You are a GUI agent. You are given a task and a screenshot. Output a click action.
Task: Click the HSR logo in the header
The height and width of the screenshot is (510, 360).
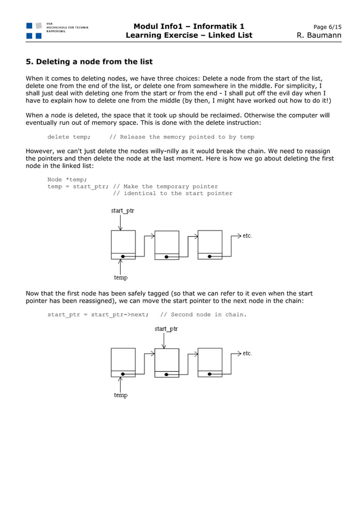coord(34,30)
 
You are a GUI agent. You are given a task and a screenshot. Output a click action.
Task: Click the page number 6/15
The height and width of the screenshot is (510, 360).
coord(327,27)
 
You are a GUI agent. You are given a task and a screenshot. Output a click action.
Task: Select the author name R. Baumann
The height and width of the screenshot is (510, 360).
coord(319,36)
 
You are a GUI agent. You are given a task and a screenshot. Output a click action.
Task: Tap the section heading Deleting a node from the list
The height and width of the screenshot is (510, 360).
coord(89,61)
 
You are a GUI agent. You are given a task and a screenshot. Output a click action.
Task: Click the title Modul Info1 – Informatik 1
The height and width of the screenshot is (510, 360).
coord(189,26)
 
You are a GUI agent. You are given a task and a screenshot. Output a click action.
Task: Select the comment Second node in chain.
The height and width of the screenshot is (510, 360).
coord(203,315)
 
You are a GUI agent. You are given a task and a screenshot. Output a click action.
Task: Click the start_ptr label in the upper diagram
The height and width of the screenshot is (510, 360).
coord(122,211)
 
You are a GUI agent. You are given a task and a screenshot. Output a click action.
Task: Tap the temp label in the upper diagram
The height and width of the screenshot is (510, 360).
coord(121,277)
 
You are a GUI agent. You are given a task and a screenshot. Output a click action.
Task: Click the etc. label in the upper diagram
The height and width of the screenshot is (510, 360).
coord(247,236)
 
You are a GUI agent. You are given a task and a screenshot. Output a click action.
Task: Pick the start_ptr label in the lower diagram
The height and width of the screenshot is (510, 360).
coord(166,329)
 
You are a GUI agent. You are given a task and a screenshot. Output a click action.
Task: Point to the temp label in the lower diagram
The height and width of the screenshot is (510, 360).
coord(121,395)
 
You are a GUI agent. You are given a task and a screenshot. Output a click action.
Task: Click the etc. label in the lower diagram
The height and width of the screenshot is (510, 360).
coord(247,354)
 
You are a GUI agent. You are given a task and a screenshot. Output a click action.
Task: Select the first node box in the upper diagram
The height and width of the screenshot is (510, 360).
coord(123,244)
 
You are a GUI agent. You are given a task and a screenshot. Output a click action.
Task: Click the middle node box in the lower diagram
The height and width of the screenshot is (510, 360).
coord(166,362)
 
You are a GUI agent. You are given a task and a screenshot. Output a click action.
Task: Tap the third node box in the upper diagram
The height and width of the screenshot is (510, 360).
coord(210,244)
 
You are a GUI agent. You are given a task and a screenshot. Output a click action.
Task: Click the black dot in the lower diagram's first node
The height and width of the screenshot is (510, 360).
coord(123,374)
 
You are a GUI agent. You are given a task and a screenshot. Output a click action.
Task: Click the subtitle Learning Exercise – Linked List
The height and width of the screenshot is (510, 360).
coord(189,36)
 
